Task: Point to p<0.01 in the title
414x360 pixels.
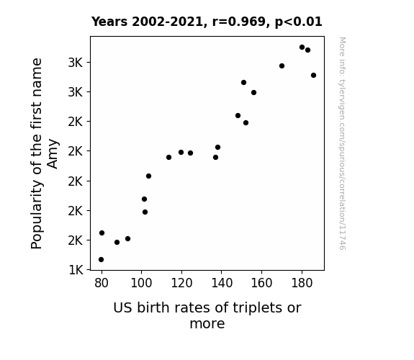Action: click(x=299, y=22)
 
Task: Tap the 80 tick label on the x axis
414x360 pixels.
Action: click(x=102, y=283)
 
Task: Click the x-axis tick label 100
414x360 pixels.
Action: click(x=141, y=283)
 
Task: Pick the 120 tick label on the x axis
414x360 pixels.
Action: click(x=181, y=283)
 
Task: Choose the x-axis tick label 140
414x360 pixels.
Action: click(x=222, y=283)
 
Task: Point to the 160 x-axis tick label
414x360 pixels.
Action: click(x=261, y=283)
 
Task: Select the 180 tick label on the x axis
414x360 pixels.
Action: click(x=302, y=283)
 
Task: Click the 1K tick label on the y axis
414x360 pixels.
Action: click(x=76, y=270)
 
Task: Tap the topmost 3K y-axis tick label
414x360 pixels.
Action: click(x=76, y=63)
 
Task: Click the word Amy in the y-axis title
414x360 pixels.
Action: click(x=53, y=153)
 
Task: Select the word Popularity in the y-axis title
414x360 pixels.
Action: click(x=37, y=215)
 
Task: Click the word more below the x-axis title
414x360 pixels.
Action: click(x=207, y=323)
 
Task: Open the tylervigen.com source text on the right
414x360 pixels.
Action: click(x=342, y=143)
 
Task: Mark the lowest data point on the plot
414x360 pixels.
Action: click(x=101, y=260)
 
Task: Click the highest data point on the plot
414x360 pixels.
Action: click(x=302, y=48)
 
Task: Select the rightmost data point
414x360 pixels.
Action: click(x=313, y=76)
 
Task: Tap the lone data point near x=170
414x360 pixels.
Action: click(x=282, y=66)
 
